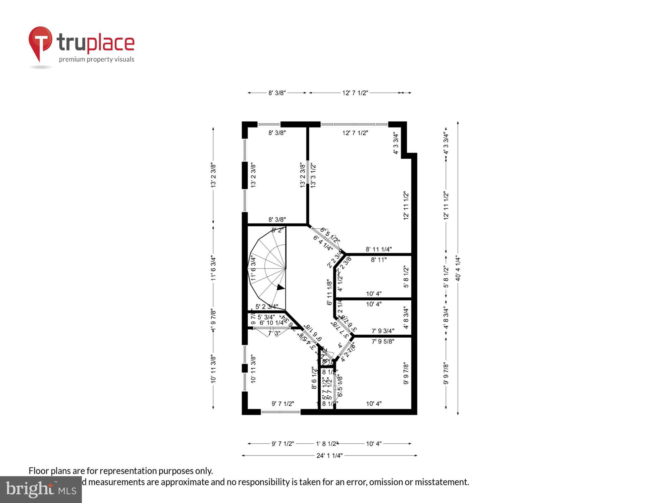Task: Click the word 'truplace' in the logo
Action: point(96,43)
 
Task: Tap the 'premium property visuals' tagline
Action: point(97,60)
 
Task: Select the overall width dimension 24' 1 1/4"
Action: point(329,455)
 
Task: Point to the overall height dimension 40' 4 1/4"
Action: point(458,268)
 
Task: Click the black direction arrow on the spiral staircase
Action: point(280,287)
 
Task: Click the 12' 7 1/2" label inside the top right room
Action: point(355,133)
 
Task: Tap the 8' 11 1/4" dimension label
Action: point(379,249)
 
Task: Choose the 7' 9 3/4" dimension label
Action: point(383,331)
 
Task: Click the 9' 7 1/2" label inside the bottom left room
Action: point(283,404)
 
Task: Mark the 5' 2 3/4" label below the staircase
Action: point(267,306)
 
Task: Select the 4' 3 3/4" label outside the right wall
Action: point(446,143)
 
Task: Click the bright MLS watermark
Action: point(41,490)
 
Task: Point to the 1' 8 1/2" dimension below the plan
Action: point(327,444)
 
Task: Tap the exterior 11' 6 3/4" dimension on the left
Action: point(213,268)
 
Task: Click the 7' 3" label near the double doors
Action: point(274,333)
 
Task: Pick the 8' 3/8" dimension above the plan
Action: point(277,93)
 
